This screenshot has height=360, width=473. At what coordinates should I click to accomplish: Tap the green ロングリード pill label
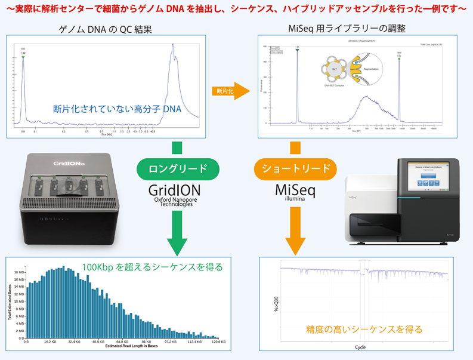[x=174, y=169]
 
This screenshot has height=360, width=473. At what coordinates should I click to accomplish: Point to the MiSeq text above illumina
[x=292, y=189]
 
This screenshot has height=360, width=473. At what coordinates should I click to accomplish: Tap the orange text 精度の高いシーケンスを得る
[x=364, y=328]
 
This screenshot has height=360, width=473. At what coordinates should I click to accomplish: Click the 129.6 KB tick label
[x=217, y=342]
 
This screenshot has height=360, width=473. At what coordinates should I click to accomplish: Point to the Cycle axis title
[x=360, y=347]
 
